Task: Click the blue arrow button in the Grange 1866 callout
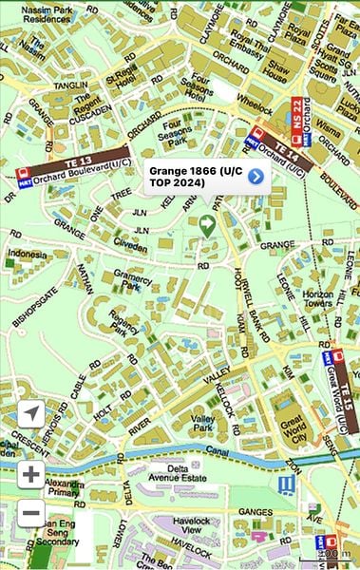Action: pos(255,176)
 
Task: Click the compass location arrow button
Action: pos(31,414)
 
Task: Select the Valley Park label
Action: pos(202,423)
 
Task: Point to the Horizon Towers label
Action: pos(319,300)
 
